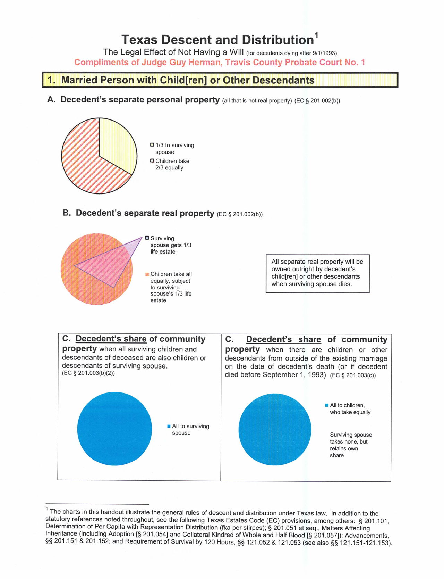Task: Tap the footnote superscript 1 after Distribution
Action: pos(316,35)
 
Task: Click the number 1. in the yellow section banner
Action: pos(51,80)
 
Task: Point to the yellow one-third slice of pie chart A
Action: pos(116,142)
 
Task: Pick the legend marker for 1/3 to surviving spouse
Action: pos(152,145)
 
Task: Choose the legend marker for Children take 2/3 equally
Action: pos(152,161)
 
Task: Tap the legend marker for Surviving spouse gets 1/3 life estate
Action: pos(147,238)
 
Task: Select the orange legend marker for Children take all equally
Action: pos(147,274)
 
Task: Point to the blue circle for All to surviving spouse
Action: pos(114,429)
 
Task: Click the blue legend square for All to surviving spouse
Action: pos(169,426)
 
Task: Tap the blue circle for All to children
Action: pos(275,429)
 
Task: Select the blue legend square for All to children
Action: pos(327,405)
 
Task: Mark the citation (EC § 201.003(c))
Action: pos(353,375)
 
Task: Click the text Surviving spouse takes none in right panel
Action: pos(350,438)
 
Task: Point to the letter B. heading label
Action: pos(67,213)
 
